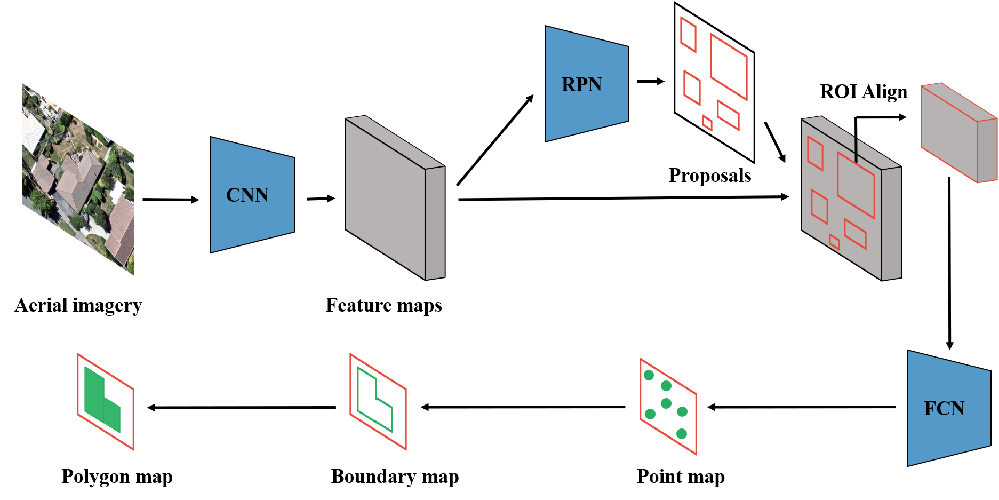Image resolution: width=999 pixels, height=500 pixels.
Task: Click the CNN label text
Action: [247, 195]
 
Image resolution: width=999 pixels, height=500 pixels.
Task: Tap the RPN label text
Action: [581, 85]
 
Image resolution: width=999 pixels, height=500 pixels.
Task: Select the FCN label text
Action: [944, 409]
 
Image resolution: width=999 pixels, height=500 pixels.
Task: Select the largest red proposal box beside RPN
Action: [729, 67]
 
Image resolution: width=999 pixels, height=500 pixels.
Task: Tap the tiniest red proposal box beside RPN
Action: [707, 123]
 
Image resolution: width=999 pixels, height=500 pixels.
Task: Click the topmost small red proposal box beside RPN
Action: [688, 35]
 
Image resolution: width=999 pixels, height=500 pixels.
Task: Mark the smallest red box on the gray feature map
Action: [834, 242]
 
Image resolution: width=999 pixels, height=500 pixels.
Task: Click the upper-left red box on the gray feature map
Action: [815, 153]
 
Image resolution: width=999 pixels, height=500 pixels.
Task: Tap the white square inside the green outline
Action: [373, 409]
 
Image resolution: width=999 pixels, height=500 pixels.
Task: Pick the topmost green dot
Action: [649, 375]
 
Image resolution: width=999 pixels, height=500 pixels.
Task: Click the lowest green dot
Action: [682, 434]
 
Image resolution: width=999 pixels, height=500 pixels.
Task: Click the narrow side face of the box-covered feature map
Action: [891, 223]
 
